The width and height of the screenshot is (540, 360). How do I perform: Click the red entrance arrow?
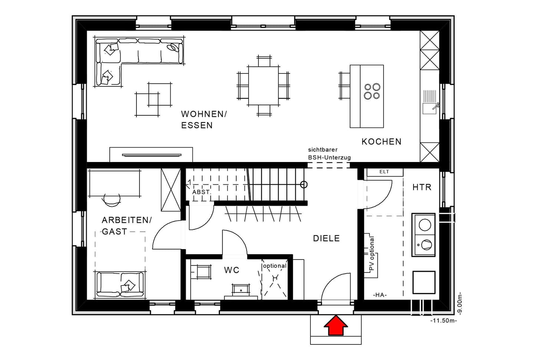[x=336, y=326]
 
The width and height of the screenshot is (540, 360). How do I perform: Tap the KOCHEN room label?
[x=381, y=142]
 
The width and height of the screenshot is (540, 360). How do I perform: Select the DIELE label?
[x=326, y=238]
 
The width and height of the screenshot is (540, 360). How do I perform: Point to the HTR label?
[x=422, y=187]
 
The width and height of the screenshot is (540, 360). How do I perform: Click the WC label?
[x=231, y=270]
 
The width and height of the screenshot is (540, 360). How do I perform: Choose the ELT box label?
[x=384, y=172]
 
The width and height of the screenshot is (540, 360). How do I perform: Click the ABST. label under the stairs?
[x=201, y=192]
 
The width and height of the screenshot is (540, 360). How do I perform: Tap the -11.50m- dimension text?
[x=444, y=321]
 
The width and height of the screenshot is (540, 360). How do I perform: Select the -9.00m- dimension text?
[x=460, y=304]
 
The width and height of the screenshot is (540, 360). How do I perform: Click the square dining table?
[x=263, y=86]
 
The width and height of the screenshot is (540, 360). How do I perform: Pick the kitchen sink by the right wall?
[x=429, y=108]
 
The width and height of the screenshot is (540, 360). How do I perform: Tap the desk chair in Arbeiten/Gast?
[x=112, y=200]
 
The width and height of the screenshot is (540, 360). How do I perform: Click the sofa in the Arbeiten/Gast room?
[x=120, y=285]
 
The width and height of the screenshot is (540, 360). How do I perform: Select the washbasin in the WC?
[x=241, y=290]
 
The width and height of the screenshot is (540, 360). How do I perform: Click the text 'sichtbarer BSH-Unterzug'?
[x=329, y=153]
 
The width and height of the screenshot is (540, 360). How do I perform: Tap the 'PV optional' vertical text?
[x=372, y=254]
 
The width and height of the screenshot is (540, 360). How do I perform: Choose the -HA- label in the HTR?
[x=380, y=295]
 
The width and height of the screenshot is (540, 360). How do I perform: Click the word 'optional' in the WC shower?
[x=274, y=266]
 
